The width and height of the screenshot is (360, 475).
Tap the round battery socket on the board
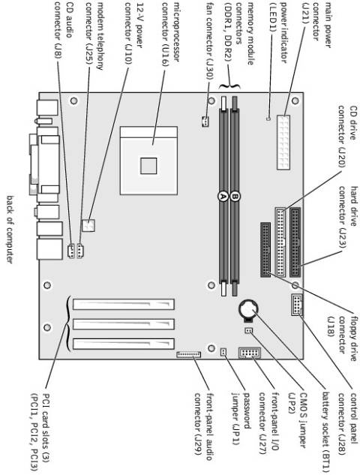248,308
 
